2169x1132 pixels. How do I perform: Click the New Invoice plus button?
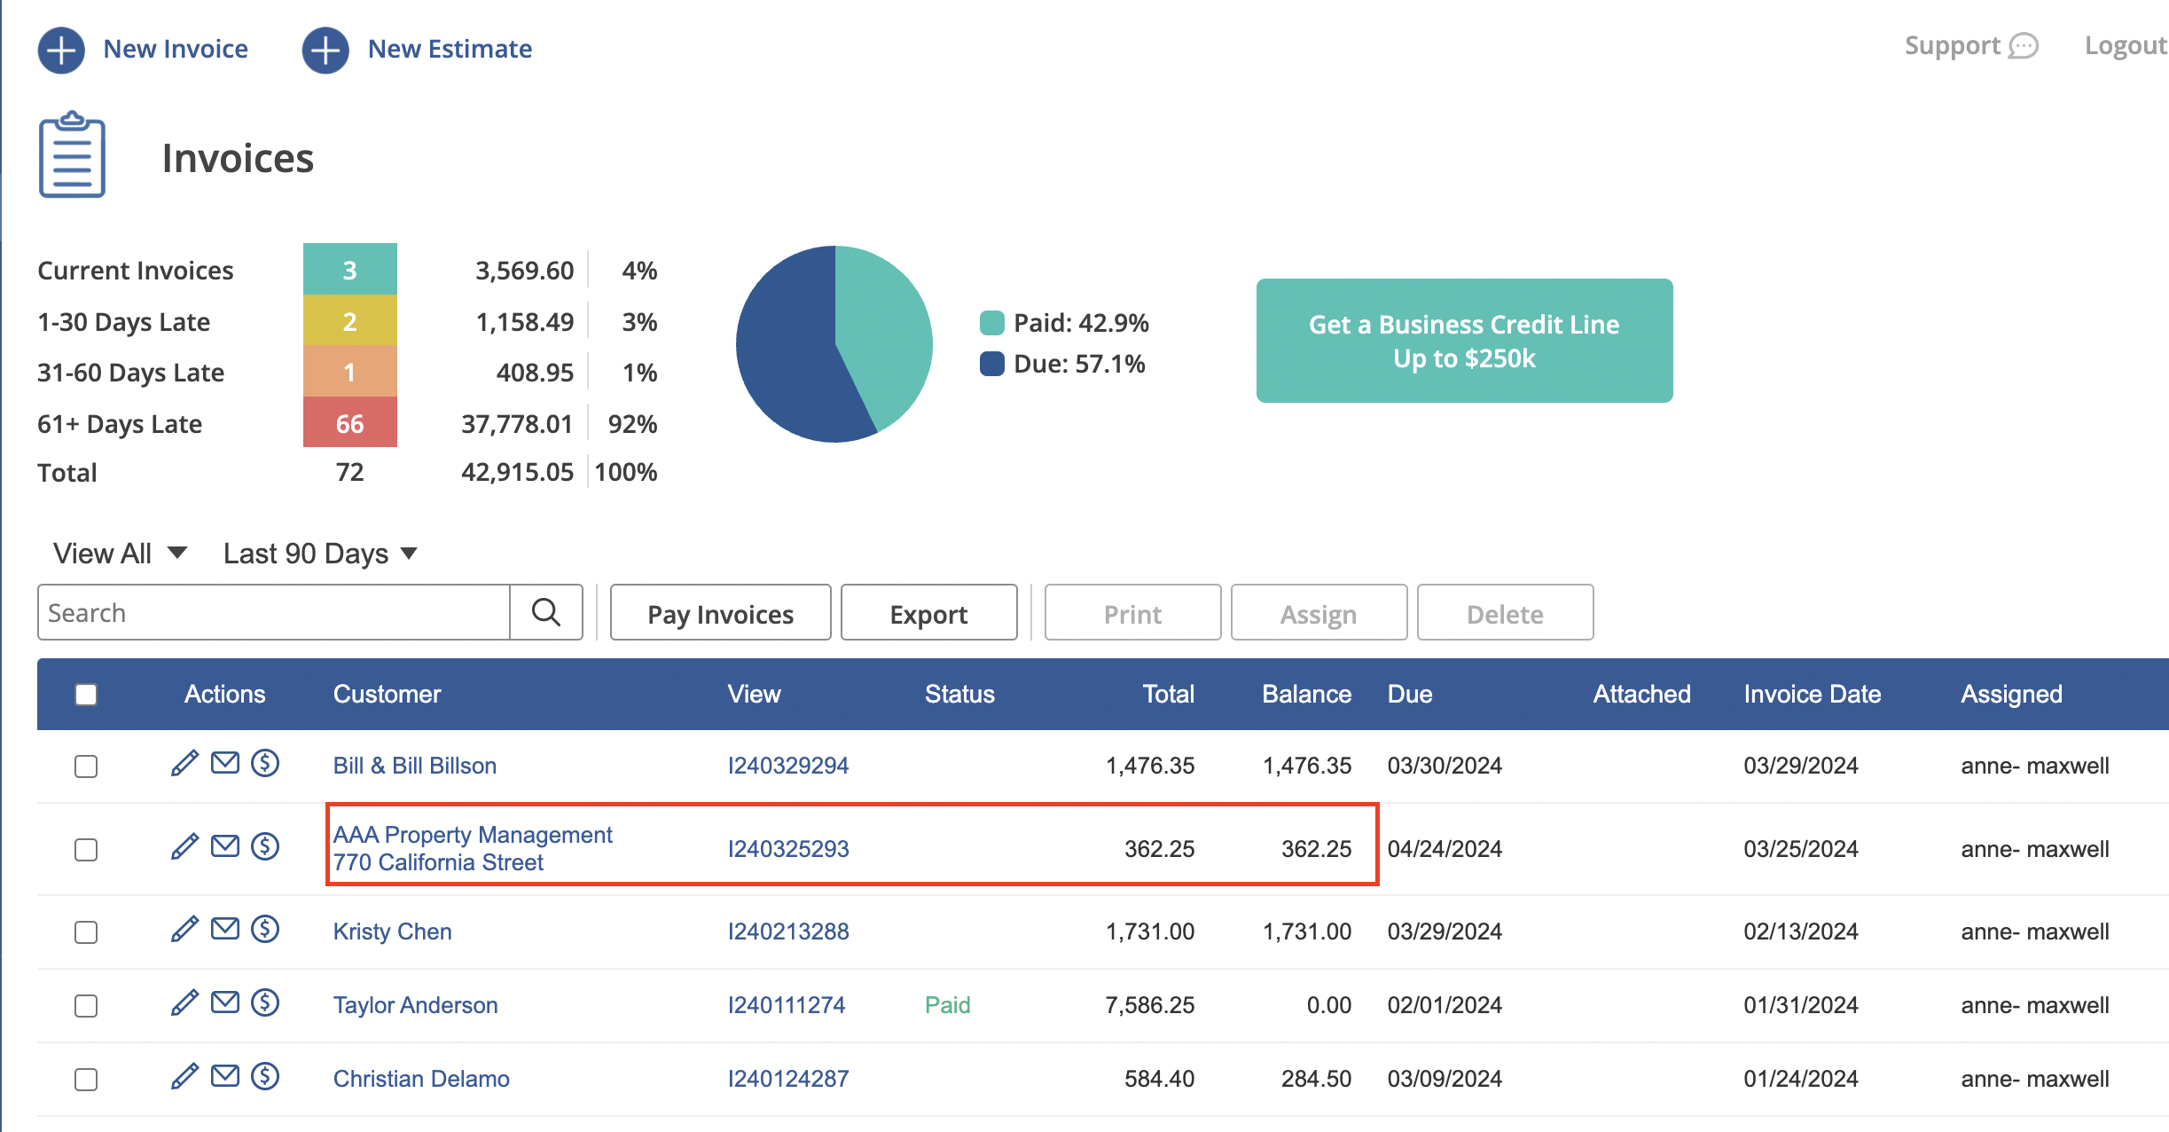[61, 50]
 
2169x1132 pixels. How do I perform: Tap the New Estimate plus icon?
[325, 50]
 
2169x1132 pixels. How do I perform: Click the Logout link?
[2126, 46]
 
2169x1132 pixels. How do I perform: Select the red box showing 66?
[350, 422]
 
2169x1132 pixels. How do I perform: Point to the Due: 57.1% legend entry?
[1062, 364]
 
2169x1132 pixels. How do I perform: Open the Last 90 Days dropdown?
[320, 554]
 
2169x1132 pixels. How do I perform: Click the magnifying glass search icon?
[546, 612]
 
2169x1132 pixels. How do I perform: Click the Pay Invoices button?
[720, 613]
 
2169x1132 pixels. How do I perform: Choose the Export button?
[928, 613]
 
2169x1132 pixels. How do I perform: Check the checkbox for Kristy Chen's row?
[86, 932]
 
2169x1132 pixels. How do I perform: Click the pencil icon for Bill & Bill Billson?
[184, 763]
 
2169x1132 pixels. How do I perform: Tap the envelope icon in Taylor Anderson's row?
[225, 1002]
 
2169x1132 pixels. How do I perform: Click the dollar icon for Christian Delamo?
[265, 1077]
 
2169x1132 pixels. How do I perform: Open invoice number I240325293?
[788, 849]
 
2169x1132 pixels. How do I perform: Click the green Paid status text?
[948, 1005]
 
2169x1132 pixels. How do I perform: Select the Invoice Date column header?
[1813, 694]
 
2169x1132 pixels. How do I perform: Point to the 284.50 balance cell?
[1316, 1079]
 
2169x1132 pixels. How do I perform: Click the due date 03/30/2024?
[1445, 766]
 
